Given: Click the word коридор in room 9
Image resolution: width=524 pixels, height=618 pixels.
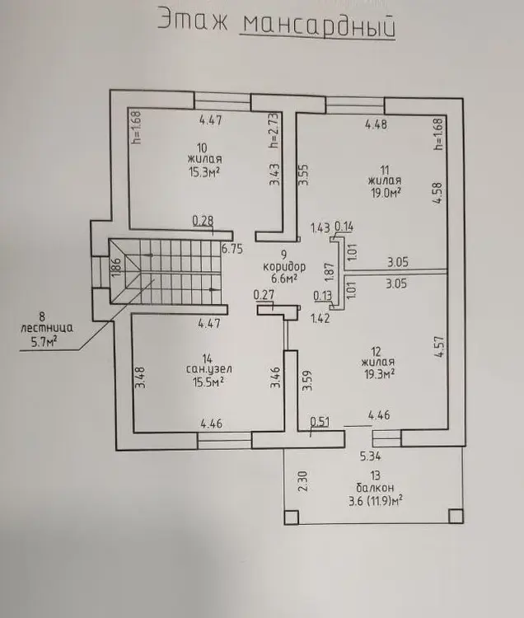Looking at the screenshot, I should click(286, 268).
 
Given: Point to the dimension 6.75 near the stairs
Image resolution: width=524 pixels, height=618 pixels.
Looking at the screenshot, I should click(232, 246).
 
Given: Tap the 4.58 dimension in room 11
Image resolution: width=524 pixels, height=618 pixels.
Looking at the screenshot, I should click(437, 192).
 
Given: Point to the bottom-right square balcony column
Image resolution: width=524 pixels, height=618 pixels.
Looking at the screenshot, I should click(455, 516).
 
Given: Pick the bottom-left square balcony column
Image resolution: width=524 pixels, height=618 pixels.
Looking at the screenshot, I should click(291, 517).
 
